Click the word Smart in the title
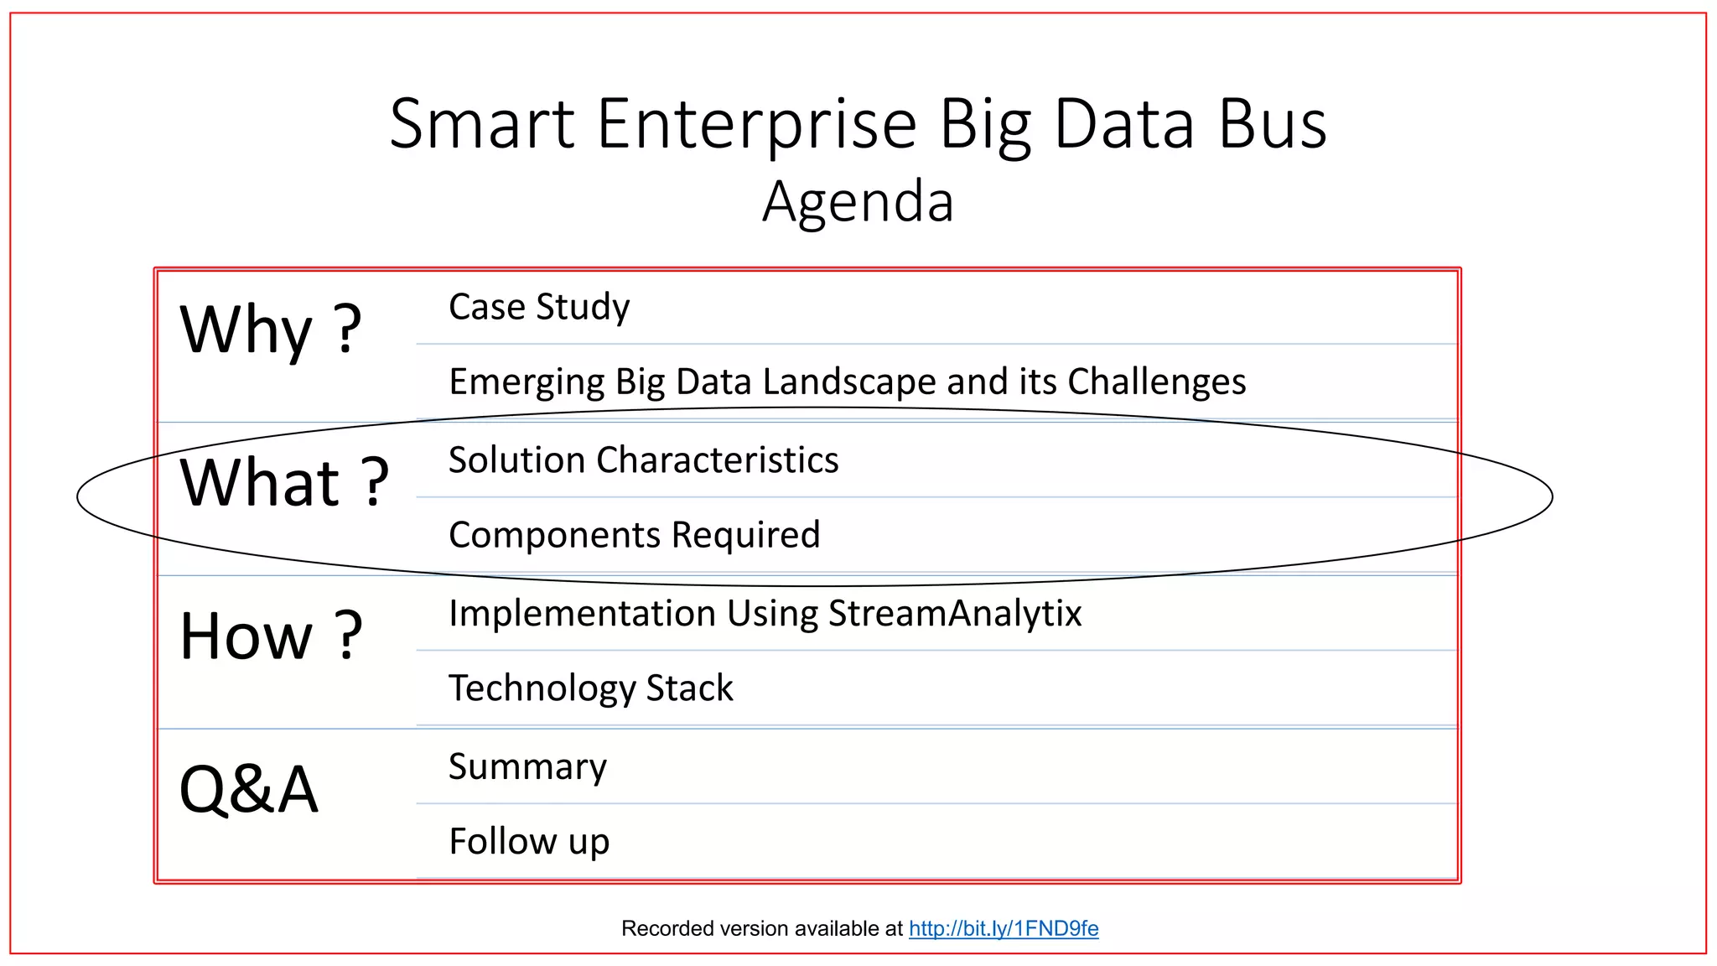point(482,124)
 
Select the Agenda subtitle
point(858,202)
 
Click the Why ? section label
point(270,330)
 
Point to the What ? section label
point(284,483)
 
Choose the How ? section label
point(270,636)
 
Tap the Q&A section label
point(249,790)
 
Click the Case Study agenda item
point(539,307)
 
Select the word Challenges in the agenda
point(1156,382)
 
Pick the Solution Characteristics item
point(643,460)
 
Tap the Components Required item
point(634,535)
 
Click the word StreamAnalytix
point(955,614)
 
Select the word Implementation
point(581,614)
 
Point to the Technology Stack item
point(590,688)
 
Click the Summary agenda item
point(527,767)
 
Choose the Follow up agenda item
point(529,842)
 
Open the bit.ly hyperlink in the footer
point(1003,928)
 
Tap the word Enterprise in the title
point(756,124)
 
